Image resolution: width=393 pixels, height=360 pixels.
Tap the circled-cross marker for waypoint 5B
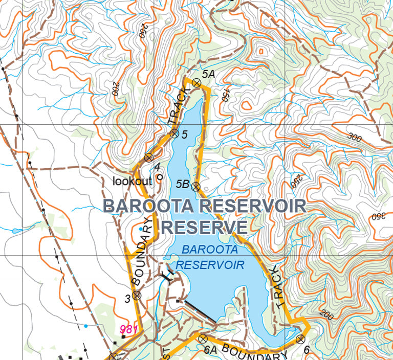tap(195, 187)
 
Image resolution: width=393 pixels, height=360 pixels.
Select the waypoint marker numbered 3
tap(137, 295)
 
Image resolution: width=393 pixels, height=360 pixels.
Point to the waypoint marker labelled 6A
tap(203, 339)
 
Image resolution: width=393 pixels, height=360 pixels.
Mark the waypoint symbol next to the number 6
tap(300, 339)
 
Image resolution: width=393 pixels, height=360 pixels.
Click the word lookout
tap(133, 181)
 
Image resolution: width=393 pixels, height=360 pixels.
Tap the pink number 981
tap(128, 330)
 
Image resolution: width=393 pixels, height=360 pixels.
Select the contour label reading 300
tap(354, 137)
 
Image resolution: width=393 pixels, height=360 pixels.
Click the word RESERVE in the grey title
tap(204, 227)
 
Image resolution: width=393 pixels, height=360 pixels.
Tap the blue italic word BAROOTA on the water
tap(210, 251)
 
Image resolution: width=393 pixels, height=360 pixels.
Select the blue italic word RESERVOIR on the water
tap(210, 265)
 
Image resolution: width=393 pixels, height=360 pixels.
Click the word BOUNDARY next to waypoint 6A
tap(255, 353)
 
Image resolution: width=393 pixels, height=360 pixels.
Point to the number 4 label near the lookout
tap(158, 166)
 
